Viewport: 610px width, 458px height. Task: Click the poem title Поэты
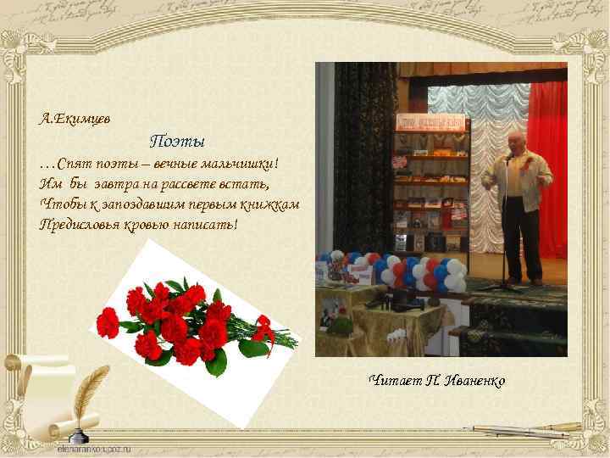178,139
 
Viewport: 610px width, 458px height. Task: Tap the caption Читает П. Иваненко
437,381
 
